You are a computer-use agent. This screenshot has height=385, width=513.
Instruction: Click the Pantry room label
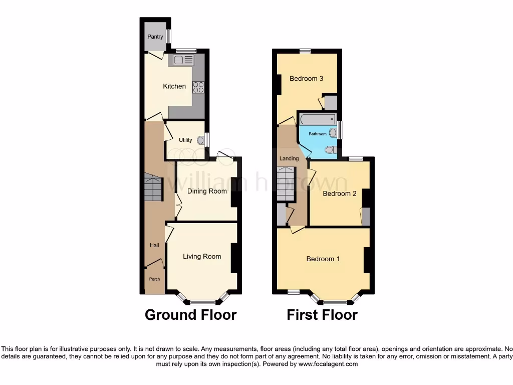pyautogui.click(x=155, y=37)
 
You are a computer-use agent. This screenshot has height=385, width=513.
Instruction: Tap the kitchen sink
pyautogui.click(x=183, y=61)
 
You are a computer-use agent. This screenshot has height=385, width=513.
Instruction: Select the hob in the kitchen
pyautogui.click(x=198, y=87)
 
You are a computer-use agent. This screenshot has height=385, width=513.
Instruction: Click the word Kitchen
pyautogui.click(x=174, y=86)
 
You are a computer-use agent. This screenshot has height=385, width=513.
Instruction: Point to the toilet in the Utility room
pyautogui.click(x=201, y=140)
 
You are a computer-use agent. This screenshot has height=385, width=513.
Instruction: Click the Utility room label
pyautogui.click(x=185, y=140)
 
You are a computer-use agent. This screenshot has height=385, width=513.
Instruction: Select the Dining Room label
pyautogui.click(x=207, y=191)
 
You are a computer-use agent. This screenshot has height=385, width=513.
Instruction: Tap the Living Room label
pyautogui.click(x=202, y=256)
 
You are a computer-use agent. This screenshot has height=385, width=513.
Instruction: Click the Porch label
pyautogui.click(x=154, y=279)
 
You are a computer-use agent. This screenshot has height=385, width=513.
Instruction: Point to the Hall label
pyautogui.click(x=154, y=245)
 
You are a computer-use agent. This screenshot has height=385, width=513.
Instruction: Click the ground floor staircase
pyautogui.click(x=153, y=188)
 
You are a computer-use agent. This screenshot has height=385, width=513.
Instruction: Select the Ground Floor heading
pyautogui.click(x=190, y=315)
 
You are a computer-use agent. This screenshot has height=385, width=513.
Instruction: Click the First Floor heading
pyautogui.click(x=322, y=315)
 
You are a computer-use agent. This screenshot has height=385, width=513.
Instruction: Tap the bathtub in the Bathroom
pyautogui.click(x=317, y=120)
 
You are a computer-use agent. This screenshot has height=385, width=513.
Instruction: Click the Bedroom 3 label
pyautogui.click(x=306, y=78)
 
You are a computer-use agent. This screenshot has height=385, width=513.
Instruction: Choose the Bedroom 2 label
pyautogui.click(x=339, y=194)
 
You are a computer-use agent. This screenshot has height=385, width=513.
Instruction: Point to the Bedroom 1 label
pyautogui.click(x=323, y=259)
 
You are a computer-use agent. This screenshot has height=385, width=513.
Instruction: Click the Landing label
pyautogui.click(x=289, y=158)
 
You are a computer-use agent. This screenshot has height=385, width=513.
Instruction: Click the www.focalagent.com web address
pyautogui.click(x=328, y=364)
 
